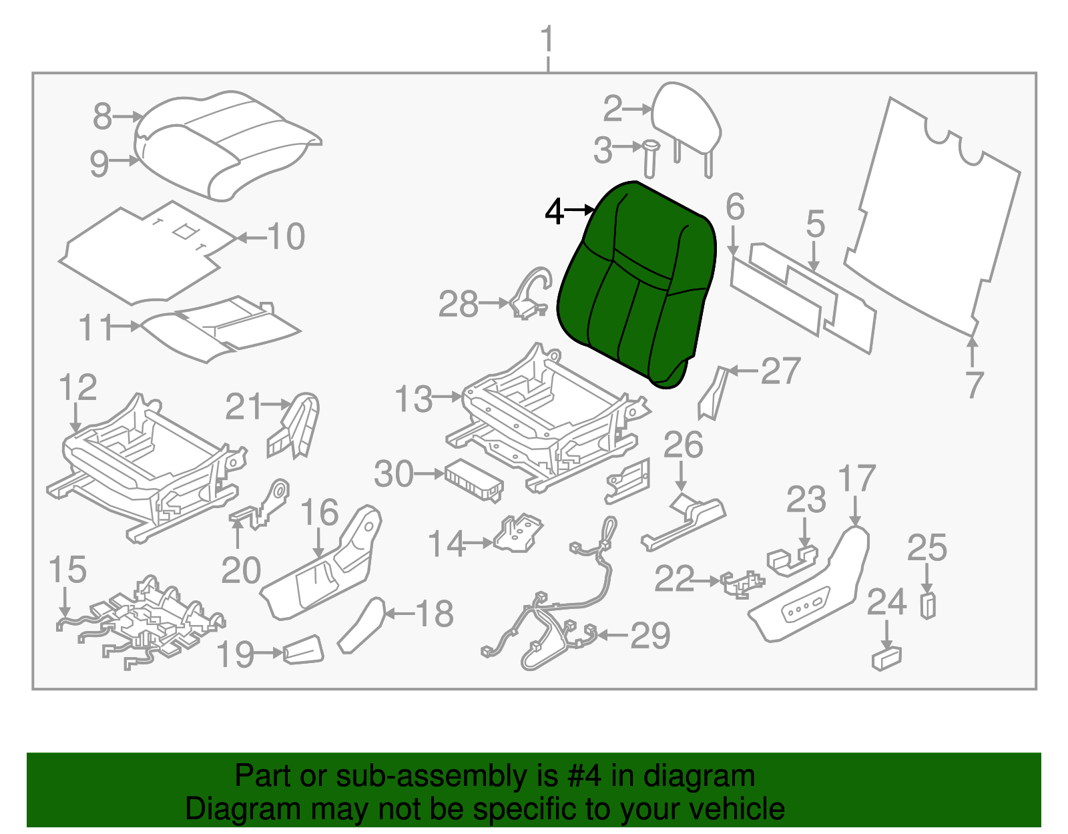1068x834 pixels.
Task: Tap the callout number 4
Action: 555,212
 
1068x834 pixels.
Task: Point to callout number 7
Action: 975,385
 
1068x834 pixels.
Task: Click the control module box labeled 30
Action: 473,479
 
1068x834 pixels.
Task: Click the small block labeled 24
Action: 886,658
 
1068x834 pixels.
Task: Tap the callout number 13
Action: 414,399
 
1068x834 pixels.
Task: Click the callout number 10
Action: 286,237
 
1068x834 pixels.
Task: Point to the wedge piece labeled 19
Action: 304,650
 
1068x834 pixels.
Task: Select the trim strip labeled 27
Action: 713,394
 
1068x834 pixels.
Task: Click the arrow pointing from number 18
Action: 399,613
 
